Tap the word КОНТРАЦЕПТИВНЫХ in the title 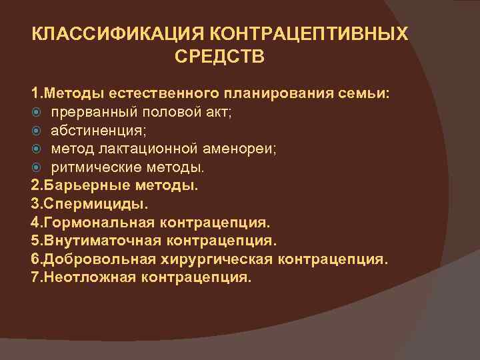coord(310,33)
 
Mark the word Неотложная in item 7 coord(84,276)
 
